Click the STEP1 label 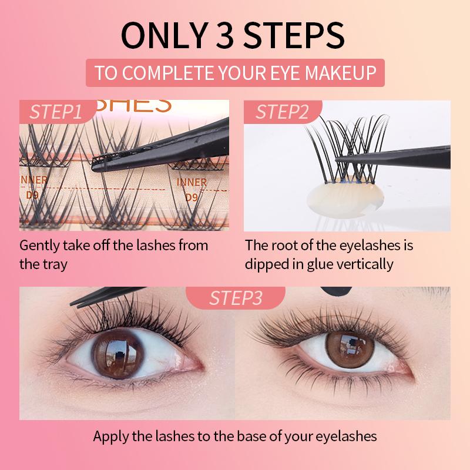pos(55,112)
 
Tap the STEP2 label pos(282,112)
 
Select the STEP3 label pos(236,298)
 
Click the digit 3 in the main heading pos(224,35)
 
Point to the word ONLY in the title pos(164,35)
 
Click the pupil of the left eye pos(119,356)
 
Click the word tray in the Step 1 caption pos(55,265)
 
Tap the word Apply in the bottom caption pos(111,437)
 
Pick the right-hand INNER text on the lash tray pos(192,182)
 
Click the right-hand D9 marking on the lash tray pos(192,197)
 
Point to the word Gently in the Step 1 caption pos(39,246)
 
